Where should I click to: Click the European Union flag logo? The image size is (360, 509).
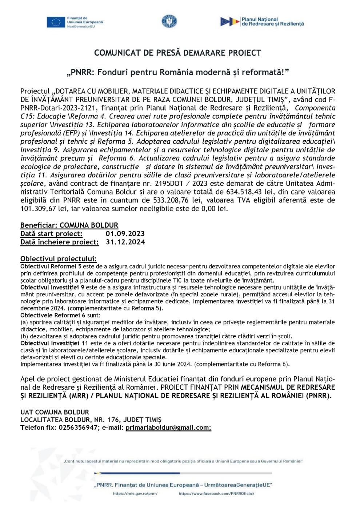tap(56, 22)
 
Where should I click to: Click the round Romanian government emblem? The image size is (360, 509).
tap(169, 21)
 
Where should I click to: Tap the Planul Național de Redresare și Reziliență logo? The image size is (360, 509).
tap(262, 22)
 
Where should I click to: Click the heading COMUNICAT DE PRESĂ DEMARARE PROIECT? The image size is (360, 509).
tap(177, 53)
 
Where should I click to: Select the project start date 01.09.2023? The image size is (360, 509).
tap(125, 234)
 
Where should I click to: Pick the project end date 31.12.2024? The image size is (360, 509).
tap(125, 242)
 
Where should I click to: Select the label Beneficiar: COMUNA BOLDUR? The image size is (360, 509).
tap(69, 225)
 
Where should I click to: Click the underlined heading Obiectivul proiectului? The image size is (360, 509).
tap(58, 259)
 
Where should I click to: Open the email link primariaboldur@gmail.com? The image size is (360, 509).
tap(168, 428)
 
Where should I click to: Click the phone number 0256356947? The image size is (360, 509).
tap(78, 428)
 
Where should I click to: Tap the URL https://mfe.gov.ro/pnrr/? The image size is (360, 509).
tap(135, 493)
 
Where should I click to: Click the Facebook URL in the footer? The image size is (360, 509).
tap(216, 493)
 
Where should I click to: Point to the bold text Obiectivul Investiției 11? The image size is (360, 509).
tap(54, 343)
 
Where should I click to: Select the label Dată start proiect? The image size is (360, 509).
tap(51, 234)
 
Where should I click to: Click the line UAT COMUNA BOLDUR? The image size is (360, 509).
tap(55, 412)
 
